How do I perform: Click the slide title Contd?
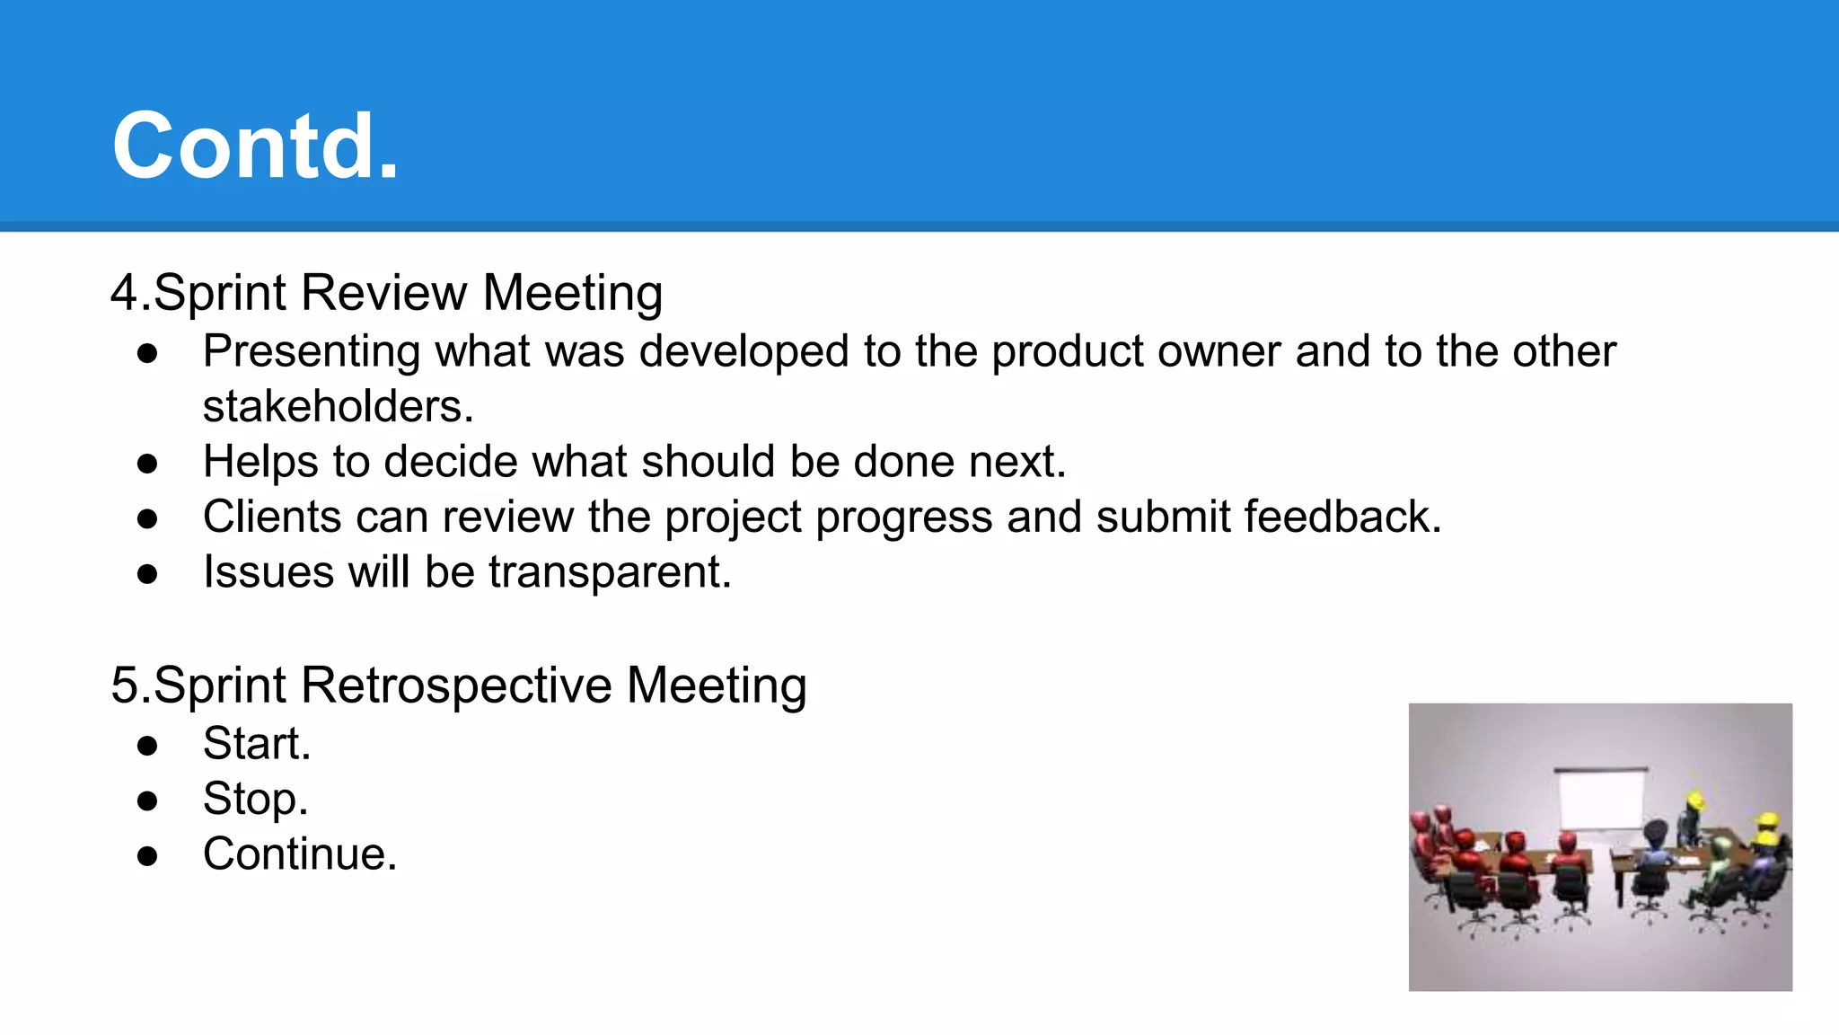(255, 146)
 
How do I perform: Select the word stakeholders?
(338, 407)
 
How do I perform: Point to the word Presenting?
(312, 351)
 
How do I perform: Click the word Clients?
(272, 517)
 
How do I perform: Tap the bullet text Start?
(257, 744)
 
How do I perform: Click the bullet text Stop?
(255, 799)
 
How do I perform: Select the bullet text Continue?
(299, 854)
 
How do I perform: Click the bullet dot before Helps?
(148, 464)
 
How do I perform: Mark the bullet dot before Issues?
(148, 574)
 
